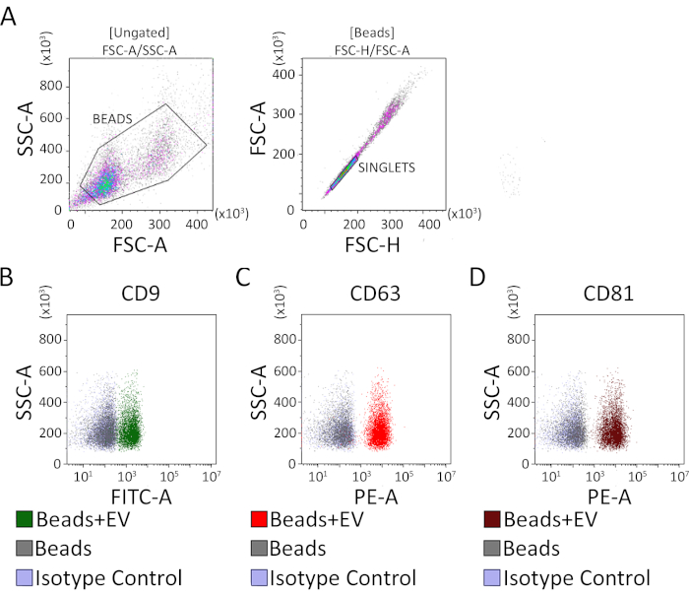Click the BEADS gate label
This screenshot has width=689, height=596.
tap(113, 118)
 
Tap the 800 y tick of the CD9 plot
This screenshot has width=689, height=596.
tap(49, 338)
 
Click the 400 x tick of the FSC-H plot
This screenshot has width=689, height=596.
tap(428, 224)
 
